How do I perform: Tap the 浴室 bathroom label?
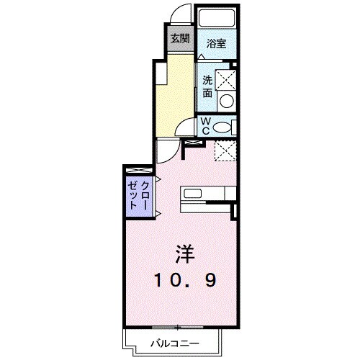click(x=217, y=42)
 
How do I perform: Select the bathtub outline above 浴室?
click(x=217, y=19)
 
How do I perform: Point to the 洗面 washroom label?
click(x=207, y=86)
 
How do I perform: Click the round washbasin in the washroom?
click(x=227, y=101)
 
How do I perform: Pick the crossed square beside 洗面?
click(x=227, y=78)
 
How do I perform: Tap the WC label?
click(x=205, y=127)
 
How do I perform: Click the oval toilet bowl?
click(x=225, y=127)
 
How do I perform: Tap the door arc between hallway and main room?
click(x=167, y=150)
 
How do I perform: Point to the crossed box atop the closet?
click(x=138, y=170)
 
